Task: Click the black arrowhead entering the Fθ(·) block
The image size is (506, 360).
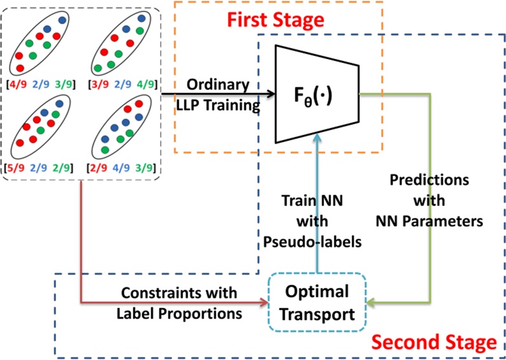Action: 271,94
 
